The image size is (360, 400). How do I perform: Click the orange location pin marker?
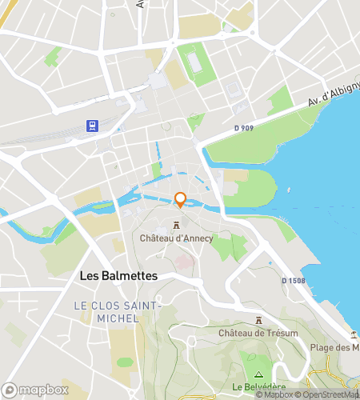180,200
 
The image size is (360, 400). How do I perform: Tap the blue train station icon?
93,126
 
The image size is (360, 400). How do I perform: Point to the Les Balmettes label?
119,275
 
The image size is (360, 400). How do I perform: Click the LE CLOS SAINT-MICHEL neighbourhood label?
118,312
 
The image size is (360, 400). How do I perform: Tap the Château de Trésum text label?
258,333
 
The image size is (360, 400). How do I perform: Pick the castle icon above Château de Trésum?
258,319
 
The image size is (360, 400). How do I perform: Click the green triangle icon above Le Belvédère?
258,374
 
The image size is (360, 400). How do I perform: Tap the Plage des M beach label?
334,347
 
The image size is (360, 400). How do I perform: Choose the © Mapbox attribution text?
274,394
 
